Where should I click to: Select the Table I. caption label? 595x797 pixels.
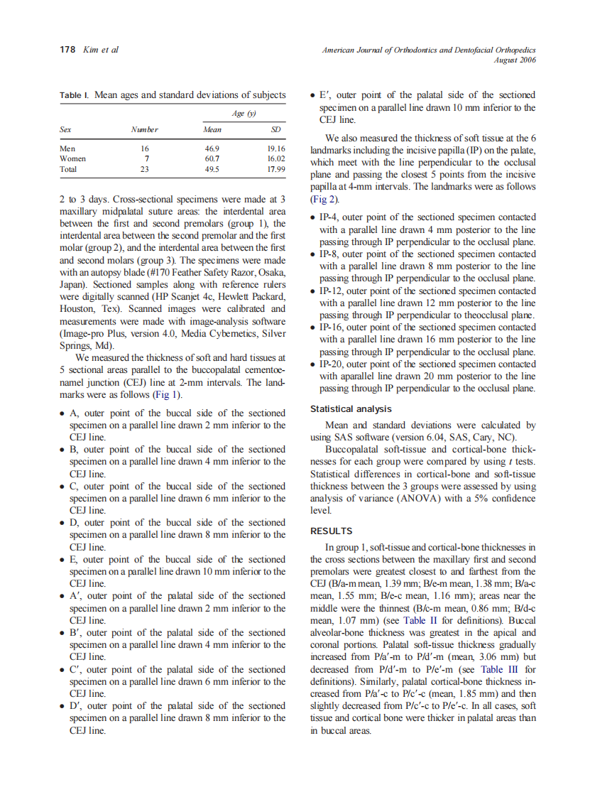point(75,94)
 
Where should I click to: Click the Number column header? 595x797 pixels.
point(144,130)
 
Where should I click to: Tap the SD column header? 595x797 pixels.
point(276,130)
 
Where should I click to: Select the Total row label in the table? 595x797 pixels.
point(69,170)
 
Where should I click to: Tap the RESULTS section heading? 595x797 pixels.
point(332,531)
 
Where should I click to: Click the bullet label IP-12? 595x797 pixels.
point(332,291)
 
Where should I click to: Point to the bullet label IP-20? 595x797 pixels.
point(332,364)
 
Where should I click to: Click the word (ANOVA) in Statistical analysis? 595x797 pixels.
point(416,499)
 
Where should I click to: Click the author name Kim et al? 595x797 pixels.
point(101,50)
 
